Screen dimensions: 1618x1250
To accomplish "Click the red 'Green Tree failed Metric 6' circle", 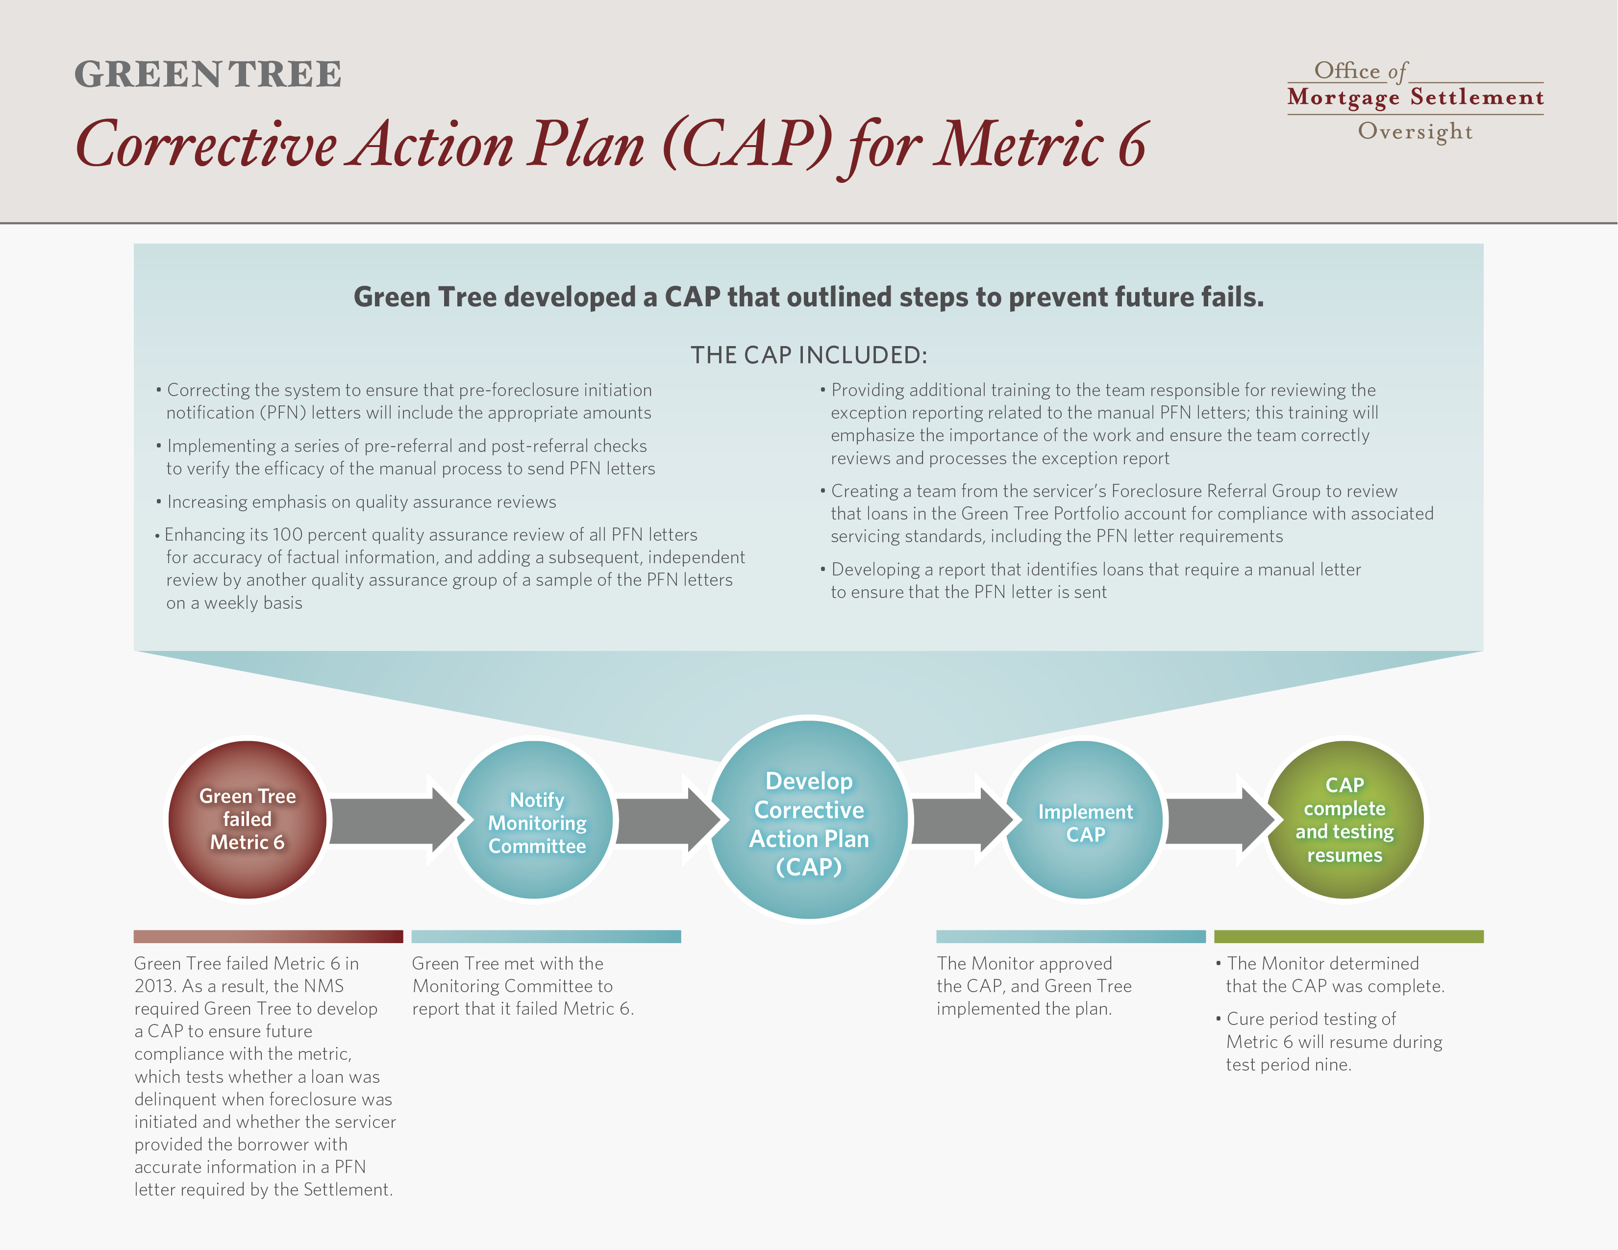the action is click(248, 820).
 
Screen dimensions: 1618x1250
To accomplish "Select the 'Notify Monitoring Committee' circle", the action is click(534, 820).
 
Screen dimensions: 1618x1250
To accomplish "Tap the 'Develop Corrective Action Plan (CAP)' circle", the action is click(809, 820).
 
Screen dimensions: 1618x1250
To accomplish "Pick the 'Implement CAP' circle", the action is click(1085, 820).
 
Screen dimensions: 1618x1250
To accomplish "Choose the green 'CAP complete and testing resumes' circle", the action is click(1344, 820).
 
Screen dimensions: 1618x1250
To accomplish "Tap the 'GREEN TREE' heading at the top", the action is click(208, 74).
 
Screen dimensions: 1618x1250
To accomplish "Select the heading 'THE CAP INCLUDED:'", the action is click(809, 355).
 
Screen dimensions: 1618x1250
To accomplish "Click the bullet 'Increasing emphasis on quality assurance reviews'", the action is click(356, 501).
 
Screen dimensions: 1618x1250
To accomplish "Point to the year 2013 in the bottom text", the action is click(156, 986).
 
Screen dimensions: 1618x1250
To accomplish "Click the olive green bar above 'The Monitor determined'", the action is click(1349, 937).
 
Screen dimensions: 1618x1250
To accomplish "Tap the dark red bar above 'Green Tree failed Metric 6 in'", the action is click(268, 937).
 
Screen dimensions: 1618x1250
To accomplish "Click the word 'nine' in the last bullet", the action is click(1331, 1065).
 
